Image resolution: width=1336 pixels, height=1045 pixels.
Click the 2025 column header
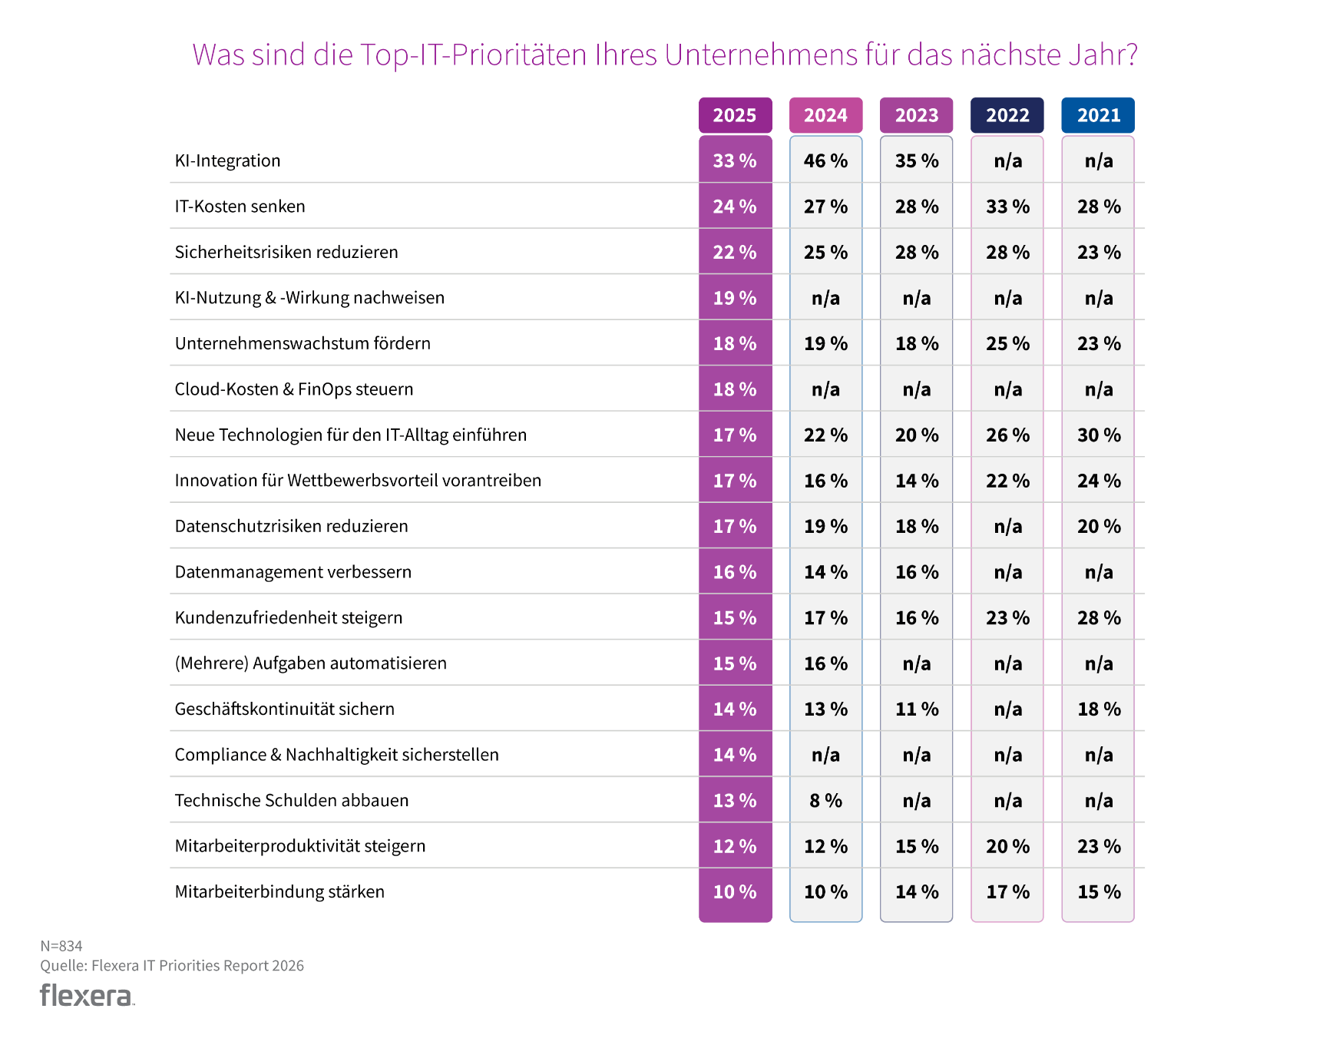click(735, 115)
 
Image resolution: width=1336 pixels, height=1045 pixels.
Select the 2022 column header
click(1007, 115)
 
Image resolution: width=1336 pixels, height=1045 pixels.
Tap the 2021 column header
click(1098, 115)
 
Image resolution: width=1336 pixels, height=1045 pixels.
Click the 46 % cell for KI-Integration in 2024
click(825, 160)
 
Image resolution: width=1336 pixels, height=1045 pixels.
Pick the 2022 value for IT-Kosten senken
click(1007, 207)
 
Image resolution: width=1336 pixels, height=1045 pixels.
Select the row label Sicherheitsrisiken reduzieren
click(286, 252)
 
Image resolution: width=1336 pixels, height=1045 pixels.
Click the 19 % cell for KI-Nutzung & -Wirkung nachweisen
click(735, 298)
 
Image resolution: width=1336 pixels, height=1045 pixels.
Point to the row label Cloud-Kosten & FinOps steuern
click(294, 389)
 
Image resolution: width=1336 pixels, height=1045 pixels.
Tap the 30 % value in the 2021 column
click(1098, 435)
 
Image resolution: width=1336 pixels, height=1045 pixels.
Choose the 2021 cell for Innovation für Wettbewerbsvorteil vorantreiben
click(1098, 481)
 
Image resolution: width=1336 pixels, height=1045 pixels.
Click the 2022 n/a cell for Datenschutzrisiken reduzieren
click(1007, 527)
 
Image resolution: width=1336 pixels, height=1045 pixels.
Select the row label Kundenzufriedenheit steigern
click(289, 618)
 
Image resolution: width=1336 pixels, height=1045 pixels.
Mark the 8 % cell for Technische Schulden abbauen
click(825, 801)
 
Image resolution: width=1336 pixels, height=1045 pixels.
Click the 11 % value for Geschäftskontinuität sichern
click(917, 709)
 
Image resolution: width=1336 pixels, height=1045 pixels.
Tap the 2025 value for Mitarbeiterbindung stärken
click(735, 892)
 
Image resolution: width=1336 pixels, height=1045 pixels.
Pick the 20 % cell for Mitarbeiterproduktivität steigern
click(1007, 846)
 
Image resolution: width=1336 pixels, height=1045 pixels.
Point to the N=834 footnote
click(61, 946)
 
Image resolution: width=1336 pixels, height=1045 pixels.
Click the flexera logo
click(87, 995)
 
